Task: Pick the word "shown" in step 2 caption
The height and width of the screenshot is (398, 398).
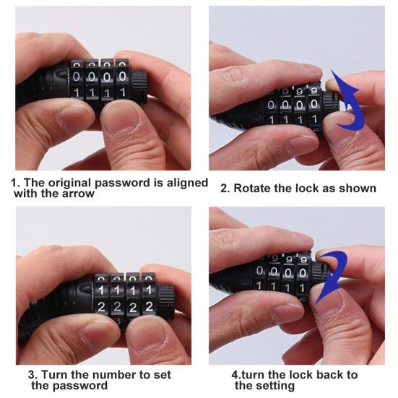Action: (358, 189)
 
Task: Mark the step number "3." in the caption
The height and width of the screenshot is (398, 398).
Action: (33, 375)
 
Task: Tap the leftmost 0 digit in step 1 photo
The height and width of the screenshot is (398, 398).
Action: (78, 77)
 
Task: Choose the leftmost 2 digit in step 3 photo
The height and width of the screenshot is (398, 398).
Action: (102, 306)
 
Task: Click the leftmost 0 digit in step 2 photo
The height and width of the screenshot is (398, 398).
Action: (271, 105)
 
